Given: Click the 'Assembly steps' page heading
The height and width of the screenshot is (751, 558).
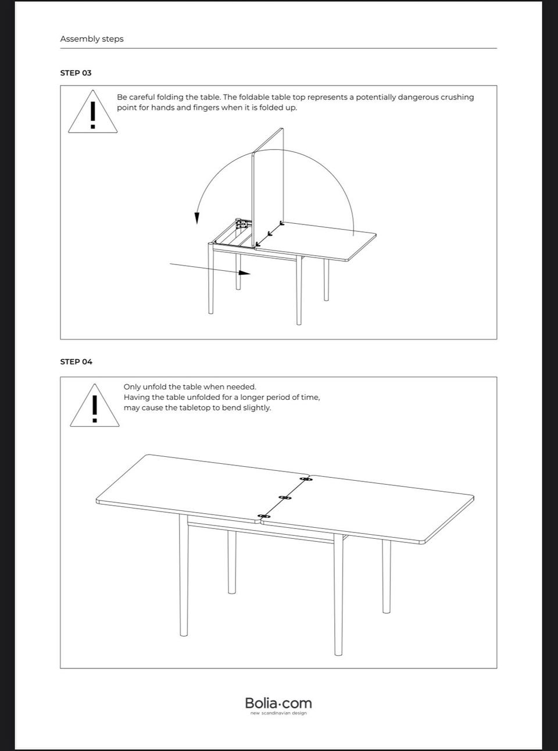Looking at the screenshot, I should [92, 39].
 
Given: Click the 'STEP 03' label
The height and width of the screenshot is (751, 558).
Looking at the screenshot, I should [76, 73].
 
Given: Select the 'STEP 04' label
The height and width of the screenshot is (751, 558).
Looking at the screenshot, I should [76, 362].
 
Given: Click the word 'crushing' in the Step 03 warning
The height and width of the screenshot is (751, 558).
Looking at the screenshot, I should [457, 97].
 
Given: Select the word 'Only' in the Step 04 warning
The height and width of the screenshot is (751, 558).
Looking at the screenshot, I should [132, 387].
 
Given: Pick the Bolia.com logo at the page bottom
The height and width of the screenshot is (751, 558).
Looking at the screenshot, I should [278, 703].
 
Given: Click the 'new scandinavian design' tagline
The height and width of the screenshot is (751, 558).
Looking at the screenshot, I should [278, 713].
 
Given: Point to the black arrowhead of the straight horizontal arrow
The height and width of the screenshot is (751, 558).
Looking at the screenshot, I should [245, 272].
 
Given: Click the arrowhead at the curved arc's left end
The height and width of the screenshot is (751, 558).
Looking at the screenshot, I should [197, 218].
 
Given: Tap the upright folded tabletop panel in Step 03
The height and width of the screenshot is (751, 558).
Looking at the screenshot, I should [268, 186].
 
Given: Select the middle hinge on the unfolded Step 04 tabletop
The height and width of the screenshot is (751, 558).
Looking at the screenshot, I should [284, 498].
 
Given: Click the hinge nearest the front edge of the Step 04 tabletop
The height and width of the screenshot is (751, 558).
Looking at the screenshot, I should [264, 516].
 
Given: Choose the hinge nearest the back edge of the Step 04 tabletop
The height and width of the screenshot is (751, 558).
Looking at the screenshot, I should [305, 479].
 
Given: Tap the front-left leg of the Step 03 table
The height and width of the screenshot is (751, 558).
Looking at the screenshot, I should [210, 279].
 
